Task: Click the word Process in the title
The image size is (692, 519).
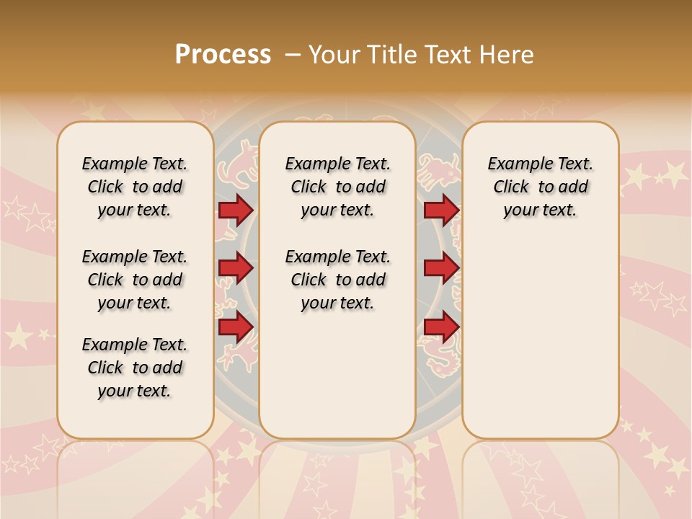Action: coord(223,55)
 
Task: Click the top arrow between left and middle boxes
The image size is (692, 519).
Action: coord(235,210)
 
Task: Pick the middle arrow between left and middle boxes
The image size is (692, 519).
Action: coord(235,268)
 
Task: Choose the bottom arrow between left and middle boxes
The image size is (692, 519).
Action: coord(235,327)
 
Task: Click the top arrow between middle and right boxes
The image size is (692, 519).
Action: coord(441,210)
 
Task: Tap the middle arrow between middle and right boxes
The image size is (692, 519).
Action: coord(441,268)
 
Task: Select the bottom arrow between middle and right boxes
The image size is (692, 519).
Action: coord(441,327)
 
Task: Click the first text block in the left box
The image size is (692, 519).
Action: coord(135,187)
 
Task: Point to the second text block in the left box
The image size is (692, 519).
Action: coord(135,280)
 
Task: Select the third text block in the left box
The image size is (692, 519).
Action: coord(135,368)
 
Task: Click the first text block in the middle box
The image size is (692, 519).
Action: coord(337,187)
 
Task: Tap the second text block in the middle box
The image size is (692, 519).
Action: coord(337,280)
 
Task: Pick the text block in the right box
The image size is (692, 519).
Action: coord(540,187)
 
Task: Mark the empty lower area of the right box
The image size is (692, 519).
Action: coord(540,339)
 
